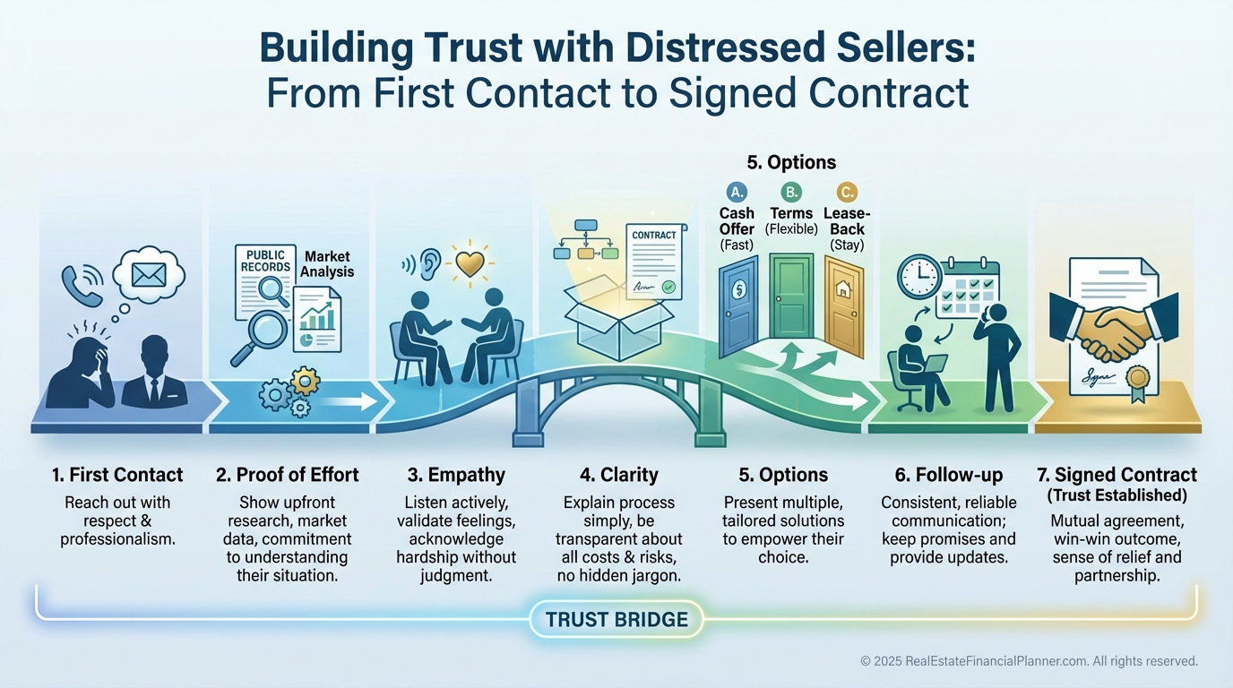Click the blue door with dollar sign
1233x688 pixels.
pyautogui.click(x=738, y=305)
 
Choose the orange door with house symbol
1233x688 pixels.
pyautogui.click(x=843, y=305)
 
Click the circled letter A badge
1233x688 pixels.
pyautogui.click(x=737, y=192)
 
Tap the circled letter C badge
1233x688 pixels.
pyautogui.click(x=846, y=192)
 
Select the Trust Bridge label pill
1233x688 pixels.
pyautogui.click(x=616, y=619)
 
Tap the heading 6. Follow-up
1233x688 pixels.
pyautogui.click(x=948, y=475)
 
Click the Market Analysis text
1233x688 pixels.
pyautogui.click(x=328, y=263)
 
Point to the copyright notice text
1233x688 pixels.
pyautogui.click(x=1029, y=661)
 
